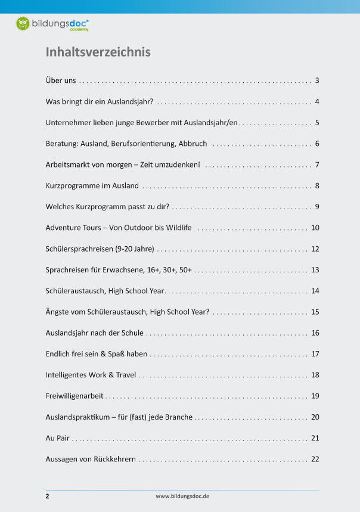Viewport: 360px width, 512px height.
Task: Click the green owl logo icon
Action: [x=23, y=24]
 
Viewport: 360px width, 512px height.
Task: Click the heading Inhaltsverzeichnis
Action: [x=98, y=52]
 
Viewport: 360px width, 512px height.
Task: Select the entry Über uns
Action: [x=60, y=80]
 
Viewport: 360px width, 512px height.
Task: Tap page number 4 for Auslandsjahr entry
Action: [x=318, y=101]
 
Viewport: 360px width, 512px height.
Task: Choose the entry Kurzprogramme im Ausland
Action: [x=92, y=185]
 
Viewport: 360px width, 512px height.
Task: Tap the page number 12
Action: [x=315, y=249]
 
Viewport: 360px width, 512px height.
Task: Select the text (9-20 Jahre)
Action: [x=135, y=249]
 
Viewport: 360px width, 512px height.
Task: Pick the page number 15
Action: [x=315, y=312]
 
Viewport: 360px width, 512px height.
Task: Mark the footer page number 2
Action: [x=47, y=495]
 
